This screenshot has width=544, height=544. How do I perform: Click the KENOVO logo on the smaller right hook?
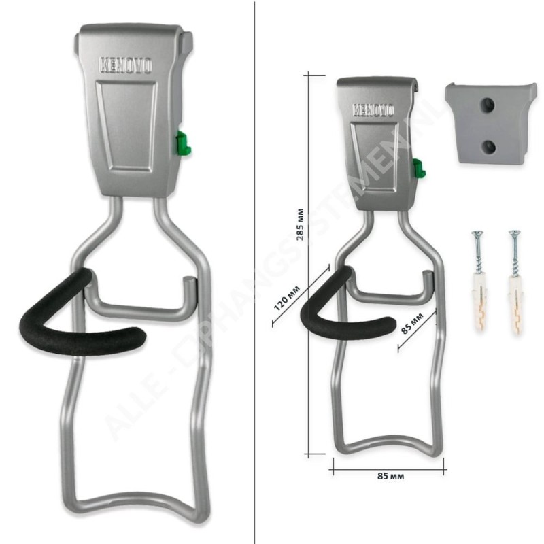(x=375, y=109)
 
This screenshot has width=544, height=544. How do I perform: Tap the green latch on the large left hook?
(x=183, y=143)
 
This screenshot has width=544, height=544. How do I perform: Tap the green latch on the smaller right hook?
(x=418, y=166)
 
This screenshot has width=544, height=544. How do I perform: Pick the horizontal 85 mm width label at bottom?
(x=388, y=477)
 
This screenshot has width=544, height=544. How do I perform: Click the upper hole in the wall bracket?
(x=486, y=103)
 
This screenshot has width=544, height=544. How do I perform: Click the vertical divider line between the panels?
(x=254, y=272)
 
